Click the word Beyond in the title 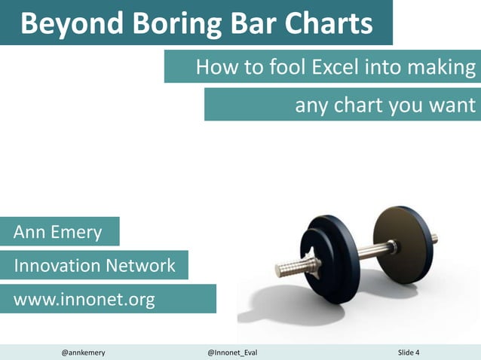(66, 25)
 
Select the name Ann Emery (58, 232)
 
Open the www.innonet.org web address (84, 300)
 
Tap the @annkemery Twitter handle (83, 352)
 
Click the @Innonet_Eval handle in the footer (232, 352)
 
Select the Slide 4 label (409, 352)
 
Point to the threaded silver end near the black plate (287, 268)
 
